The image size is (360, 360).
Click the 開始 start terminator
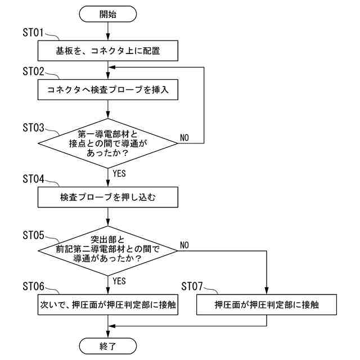pos(107,14)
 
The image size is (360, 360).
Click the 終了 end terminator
pos(107,346)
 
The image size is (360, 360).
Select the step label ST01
pos(33,33)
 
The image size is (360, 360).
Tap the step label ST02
pos(33,71)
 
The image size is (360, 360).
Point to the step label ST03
pos(33,128)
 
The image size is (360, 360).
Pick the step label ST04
pos(33,179)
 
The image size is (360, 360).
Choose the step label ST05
pos(33,235)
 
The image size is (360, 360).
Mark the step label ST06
pos(33,286)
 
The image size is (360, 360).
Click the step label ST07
pos(192,286)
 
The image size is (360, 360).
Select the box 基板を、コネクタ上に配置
pos(107,51)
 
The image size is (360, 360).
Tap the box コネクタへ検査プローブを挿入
pos(107,89)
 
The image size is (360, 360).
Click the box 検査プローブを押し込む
pos(107,197)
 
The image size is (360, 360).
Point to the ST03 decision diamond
pos(107,143)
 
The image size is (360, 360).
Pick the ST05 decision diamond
pos(107,251)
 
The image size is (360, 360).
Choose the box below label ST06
pos(107,305)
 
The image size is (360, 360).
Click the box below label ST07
pos(267,305)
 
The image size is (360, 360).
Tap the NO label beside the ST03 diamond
pos(184,137)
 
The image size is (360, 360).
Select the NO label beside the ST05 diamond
pos(184,245)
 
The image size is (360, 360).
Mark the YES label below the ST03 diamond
pos(119,173)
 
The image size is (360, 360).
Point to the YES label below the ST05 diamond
pos(119,281)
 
